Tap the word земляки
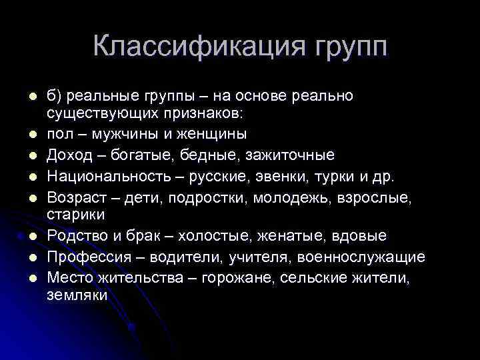(x=77, y=295)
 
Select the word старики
(x=75, y=215)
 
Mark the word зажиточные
(x=290, y=155)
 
